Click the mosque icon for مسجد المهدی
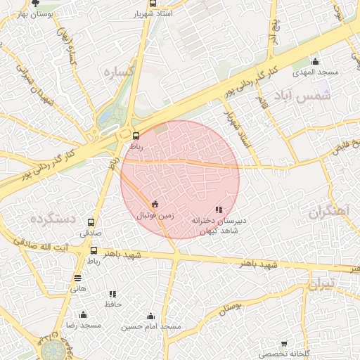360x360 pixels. point(315,61)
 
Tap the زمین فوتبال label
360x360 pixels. point(155,216)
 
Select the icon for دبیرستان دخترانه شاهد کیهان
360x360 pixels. point(219,210)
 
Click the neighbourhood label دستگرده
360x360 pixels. point(52,219)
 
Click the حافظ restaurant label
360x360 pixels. point(113,304)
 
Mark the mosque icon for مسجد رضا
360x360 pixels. point(84,314)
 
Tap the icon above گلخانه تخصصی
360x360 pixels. point(284,344)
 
